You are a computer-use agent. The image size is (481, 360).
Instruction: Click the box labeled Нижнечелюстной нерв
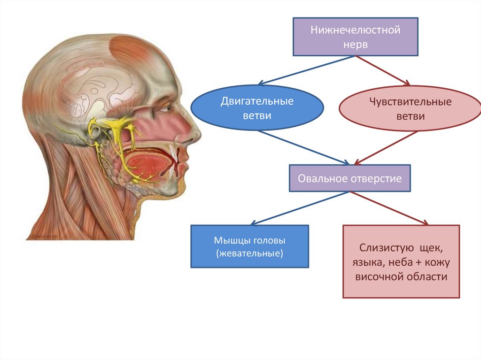pos(355,37)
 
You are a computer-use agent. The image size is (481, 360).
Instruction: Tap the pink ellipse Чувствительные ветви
pos(410,108)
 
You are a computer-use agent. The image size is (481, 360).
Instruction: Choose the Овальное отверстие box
pos(349,178)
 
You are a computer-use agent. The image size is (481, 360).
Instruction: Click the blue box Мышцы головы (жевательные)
pos(249,246)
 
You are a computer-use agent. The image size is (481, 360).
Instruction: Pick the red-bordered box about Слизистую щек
pos(401,261)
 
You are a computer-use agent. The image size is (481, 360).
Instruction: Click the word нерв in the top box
pos(355,45)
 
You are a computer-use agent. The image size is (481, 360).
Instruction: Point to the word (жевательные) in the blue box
pos(249,254)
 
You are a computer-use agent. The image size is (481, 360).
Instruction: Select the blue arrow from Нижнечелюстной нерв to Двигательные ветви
pos(307,70)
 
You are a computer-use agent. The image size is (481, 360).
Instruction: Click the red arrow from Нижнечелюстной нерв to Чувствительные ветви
pos(383,71)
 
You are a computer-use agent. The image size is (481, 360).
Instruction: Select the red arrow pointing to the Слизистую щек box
pos(390,208)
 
